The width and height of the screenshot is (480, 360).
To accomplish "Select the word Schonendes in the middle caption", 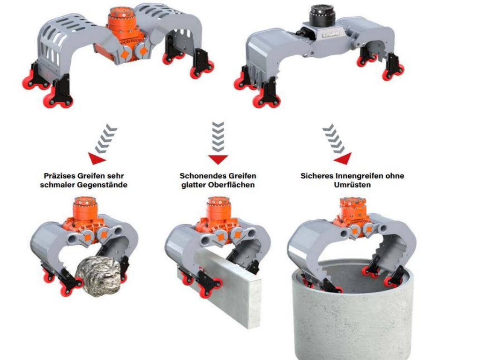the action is [199, 176].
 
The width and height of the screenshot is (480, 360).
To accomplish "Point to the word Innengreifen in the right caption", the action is [357, 176].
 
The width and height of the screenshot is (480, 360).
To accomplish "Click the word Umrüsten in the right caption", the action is [352, 185].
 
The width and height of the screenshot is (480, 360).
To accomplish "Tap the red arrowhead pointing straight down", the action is [218, 159].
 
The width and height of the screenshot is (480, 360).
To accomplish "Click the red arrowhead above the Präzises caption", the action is [97, 158].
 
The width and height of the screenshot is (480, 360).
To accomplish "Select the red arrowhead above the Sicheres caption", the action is [343, 158].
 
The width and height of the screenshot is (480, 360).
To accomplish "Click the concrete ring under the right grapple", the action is [352, 309].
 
